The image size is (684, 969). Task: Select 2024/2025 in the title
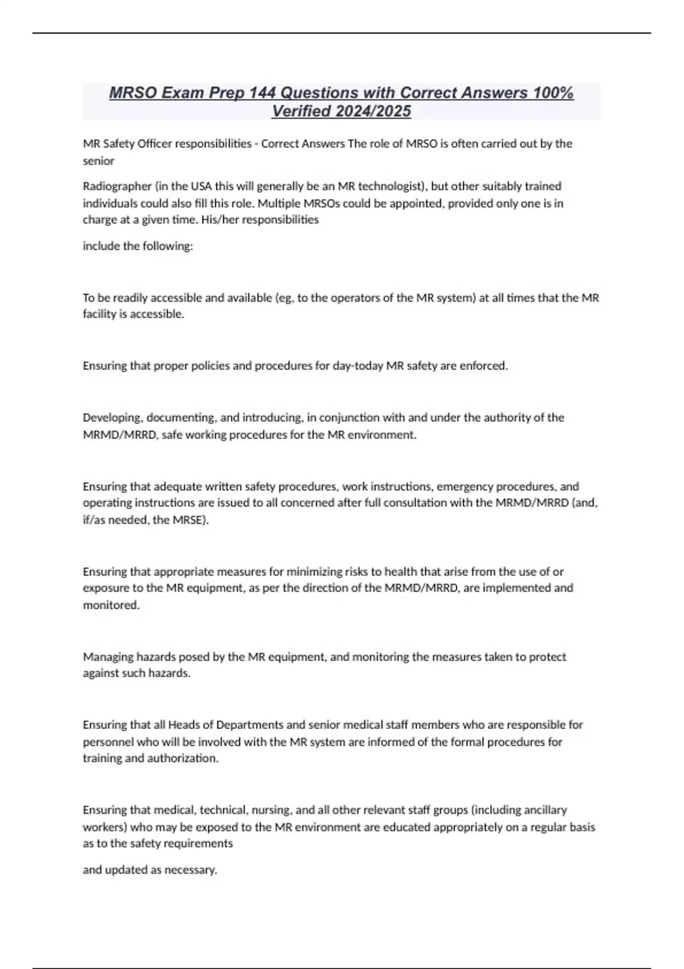[x=374, y=111]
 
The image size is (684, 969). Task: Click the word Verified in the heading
[x=302, y=111]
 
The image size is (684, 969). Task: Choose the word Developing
[x=112, y=418]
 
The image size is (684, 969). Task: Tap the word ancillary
[x=544, y=810]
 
